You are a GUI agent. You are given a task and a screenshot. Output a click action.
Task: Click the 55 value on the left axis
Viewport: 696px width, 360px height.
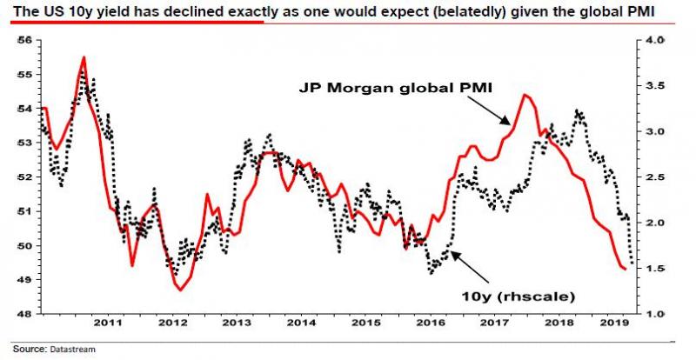pyautogui.click(x=24, y=75)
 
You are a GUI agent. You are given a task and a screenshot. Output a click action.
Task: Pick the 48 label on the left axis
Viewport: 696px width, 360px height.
pyautogui.click(x=24, y=313)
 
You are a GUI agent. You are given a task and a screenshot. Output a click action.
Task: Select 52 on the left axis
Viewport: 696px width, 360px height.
pyautogui.click(x=24, y=177)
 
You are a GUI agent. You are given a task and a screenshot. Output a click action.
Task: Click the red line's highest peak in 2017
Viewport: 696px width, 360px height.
pyautogui.click(x=525, y=94)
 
